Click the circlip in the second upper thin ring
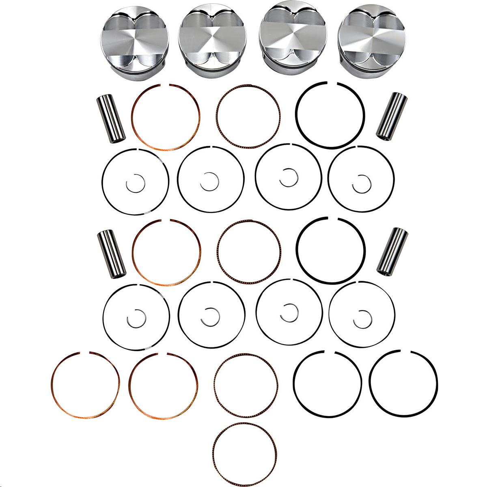(209, 181)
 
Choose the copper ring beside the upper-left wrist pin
(134, 118)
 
